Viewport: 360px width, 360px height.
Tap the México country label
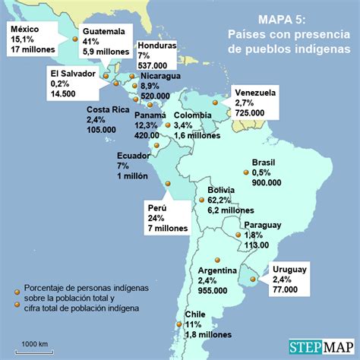[x=24, y=29]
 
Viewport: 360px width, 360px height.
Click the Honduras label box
[x=157, y=55]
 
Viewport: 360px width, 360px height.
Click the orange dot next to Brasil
[x=247, y=172]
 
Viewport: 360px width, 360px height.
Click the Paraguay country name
[x=263, y=226]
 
